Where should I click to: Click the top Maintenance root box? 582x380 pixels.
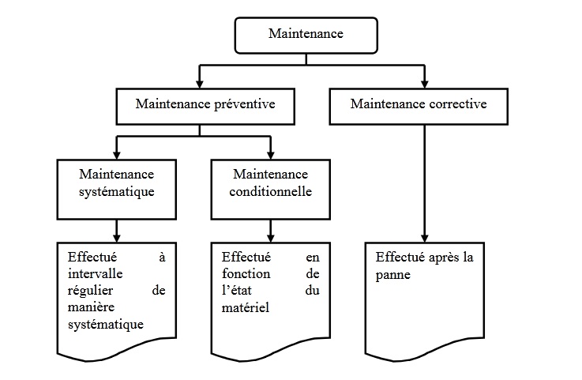point(305,35)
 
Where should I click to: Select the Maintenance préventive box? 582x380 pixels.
point(205,104)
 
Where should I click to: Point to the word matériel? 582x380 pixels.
point(246,307)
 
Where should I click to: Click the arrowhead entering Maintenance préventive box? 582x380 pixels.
point(201,84)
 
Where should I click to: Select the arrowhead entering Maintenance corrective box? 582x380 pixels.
point(425,84)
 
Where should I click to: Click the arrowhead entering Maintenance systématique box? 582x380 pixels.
point(117,155)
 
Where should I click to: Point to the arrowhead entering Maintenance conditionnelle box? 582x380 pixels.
point(271,155)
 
